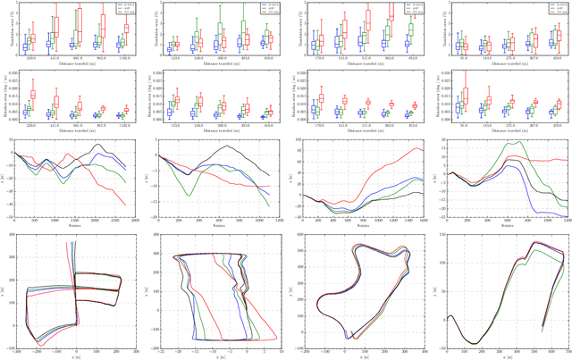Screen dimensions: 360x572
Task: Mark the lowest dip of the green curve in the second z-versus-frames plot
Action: point(190,195)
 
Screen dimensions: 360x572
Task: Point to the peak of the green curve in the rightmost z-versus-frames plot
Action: point(491,142)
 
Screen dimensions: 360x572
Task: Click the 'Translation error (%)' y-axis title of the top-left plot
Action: point(4,27)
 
